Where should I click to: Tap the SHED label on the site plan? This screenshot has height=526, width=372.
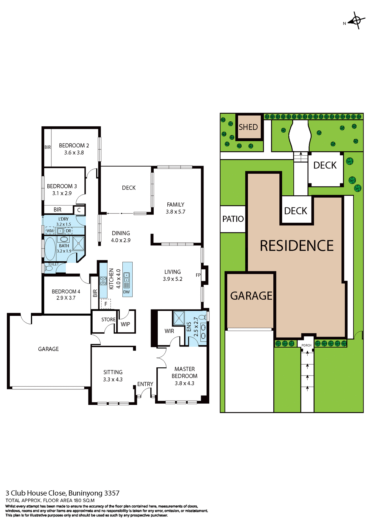[248, 127]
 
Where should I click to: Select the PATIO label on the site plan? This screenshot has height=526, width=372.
[233, 219]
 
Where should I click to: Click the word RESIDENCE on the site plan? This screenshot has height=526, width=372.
[297, 246]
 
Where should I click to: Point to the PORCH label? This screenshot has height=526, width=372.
[306, 345]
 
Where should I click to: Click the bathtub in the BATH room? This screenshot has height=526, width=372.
[50, 248]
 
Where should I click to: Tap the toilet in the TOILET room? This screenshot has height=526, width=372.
[49, 268]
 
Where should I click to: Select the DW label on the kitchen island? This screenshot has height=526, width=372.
[126, 292]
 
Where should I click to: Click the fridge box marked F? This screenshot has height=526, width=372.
[106, 304]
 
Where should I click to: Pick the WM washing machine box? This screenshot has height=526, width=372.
[50, 231]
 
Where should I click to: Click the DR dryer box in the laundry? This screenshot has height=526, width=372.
[68, 231]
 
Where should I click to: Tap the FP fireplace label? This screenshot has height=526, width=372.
[198, 275]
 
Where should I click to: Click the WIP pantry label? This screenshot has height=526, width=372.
[125, 324]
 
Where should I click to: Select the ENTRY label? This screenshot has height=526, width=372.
[145, 384]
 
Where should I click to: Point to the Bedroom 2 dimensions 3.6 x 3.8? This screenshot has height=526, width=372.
[74, 153]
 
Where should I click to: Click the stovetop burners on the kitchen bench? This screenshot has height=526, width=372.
[103, 281]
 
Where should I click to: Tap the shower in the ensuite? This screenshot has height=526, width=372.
[179, 318]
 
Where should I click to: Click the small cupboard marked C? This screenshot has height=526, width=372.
[79, 210]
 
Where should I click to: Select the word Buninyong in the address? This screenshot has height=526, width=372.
[85, 493]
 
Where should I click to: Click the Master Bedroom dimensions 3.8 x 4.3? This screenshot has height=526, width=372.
[184, 383]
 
